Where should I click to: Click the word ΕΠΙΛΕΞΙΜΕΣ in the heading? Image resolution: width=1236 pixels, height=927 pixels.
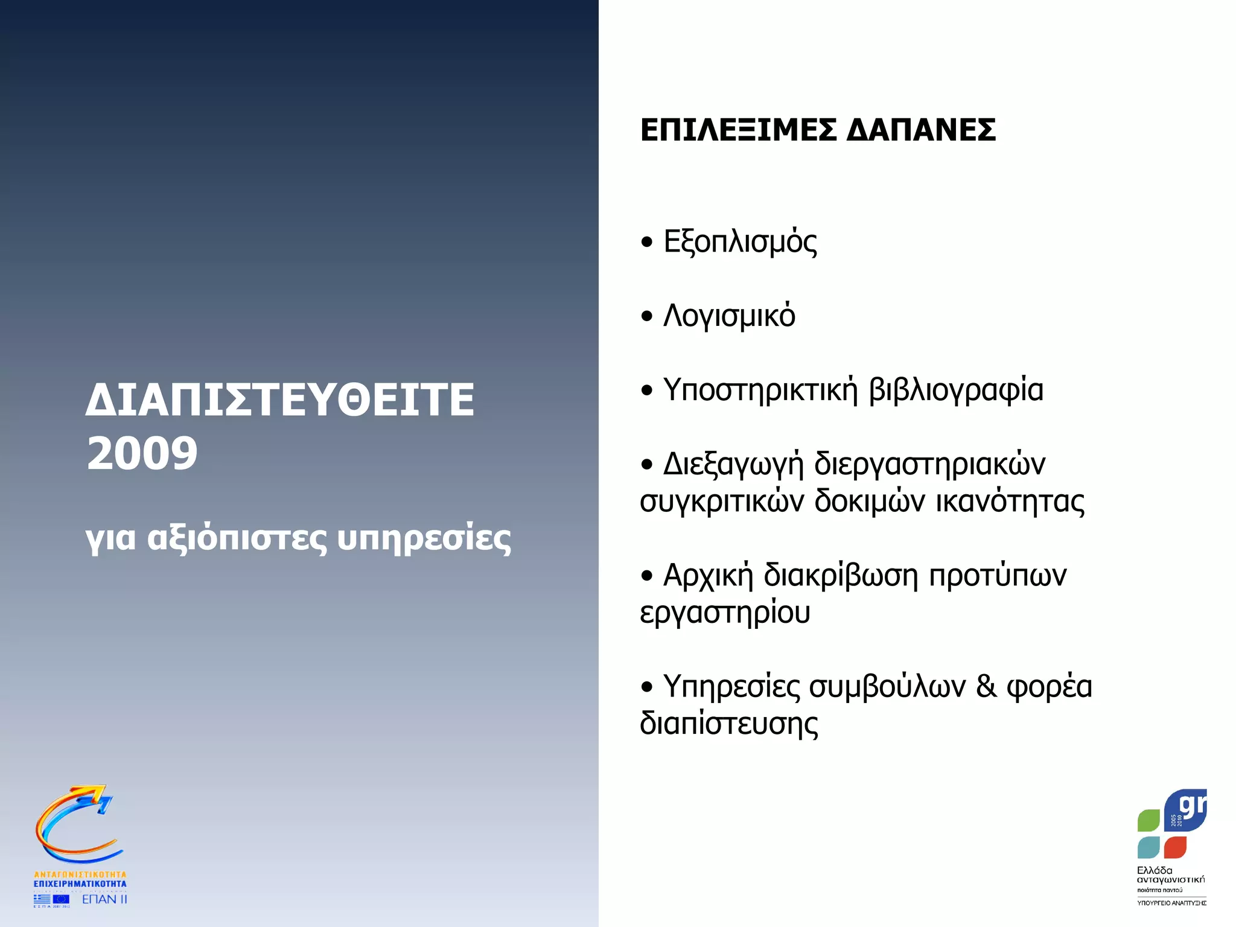[x=738, y=130]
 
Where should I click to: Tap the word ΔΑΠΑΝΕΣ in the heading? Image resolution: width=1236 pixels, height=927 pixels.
[x=921, y=130]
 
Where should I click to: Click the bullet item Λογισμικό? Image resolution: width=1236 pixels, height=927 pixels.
[x=729, y=316]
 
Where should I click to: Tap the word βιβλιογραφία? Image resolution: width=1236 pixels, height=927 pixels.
[x=956, y=390]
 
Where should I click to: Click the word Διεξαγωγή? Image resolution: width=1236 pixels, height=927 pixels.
[x=733, y=465]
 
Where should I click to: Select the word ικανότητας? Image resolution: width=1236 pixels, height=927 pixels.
[x=1010, y=501]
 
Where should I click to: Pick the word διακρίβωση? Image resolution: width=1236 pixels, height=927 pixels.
[x=841, y=576]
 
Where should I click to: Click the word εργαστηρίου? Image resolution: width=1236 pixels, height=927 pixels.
[x=725, y=613]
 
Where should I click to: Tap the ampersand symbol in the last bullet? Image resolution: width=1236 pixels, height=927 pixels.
[x=987, y=687]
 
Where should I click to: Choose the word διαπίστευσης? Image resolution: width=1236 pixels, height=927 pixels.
[x=729, y=724]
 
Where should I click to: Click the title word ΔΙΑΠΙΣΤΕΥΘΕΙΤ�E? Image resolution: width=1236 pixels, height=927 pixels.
[x=280, y=400]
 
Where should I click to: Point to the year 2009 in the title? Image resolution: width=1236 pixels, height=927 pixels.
[x=142, y=454]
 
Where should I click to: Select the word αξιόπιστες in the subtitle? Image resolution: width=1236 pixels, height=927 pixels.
[x=237, y=538]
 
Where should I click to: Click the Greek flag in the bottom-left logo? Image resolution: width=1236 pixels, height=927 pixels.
[x=42, y=899]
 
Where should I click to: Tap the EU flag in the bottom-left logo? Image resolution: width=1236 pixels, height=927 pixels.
[x=61, y=899]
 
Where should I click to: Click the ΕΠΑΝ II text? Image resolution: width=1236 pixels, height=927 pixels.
[x=104, y=899]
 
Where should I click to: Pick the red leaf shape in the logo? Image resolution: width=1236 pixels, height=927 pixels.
[x=1175, y=847]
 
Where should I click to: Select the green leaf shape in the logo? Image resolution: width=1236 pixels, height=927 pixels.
[x=1148, y=821]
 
